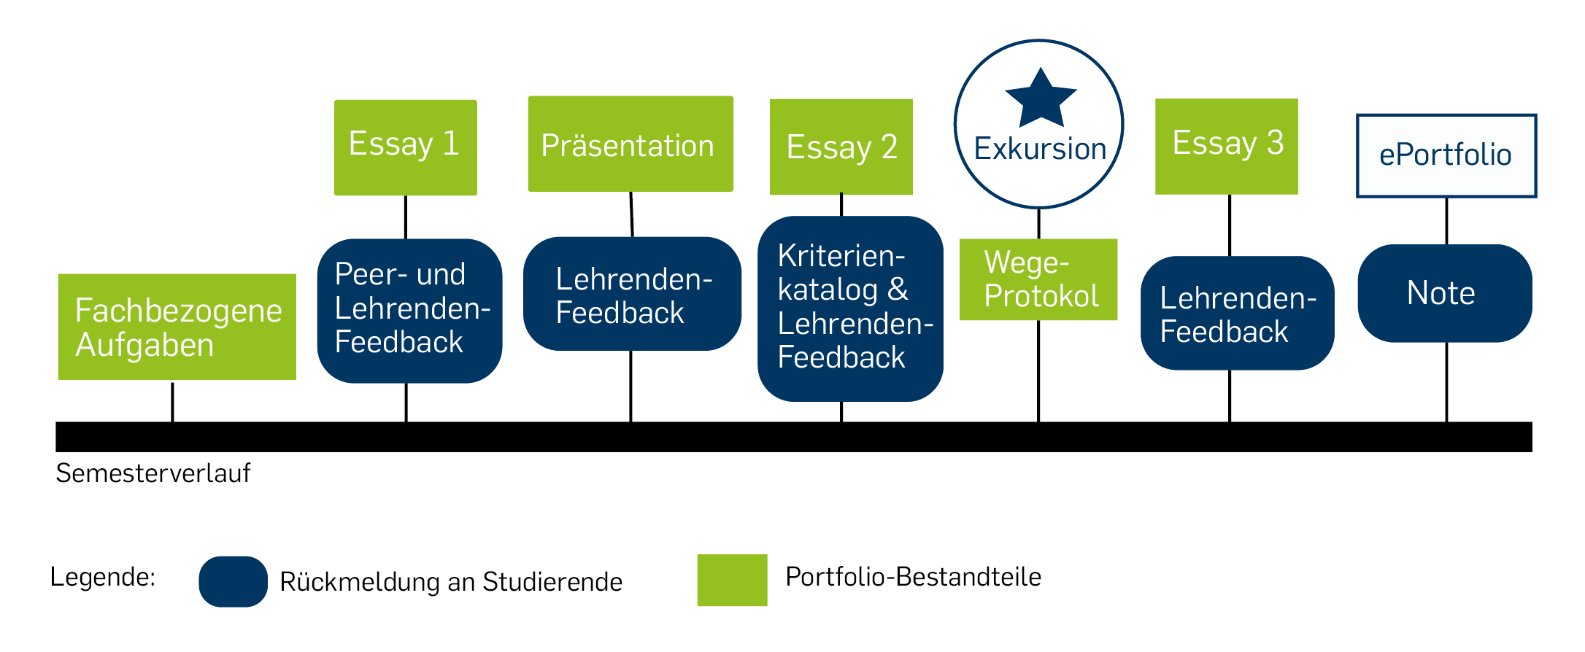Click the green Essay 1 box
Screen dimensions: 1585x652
pos(406,147)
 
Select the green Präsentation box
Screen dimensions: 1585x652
pos(630,144)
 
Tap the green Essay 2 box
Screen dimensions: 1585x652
pos(841,147)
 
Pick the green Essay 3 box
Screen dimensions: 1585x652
pos(1227,147)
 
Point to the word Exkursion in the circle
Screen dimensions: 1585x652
pos(1040,149)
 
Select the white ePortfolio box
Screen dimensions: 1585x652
pos(1446,155)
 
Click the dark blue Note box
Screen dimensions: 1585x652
pos(1445,293)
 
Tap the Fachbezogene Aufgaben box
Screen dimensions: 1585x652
pos(177,327)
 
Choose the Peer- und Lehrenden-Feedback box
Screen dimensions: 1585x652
pos(409,311)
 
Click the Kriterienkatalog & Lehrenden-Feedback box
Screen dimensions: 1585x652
pos(850,308)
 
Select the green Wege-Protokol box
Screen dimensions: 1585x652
pos(1038,279)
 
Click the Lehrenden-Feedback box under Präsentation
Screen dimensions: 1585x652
pos(632,294)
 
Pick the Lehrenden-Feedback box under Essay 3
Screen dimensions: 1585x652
pos(1238,313)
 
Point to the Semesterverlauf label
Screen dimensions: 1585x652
pos(153,473)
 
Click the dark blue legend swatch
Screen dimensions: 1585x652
pos(234,581)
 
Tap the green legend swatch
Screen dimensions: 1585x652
pos(732,580)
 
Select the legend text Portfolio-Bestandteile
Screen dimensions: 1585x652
pos(913,577)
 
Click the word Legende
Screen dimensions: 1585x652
pos(103,577)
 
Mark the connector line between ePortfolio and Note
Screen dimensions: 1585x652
pos(1446,221)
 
